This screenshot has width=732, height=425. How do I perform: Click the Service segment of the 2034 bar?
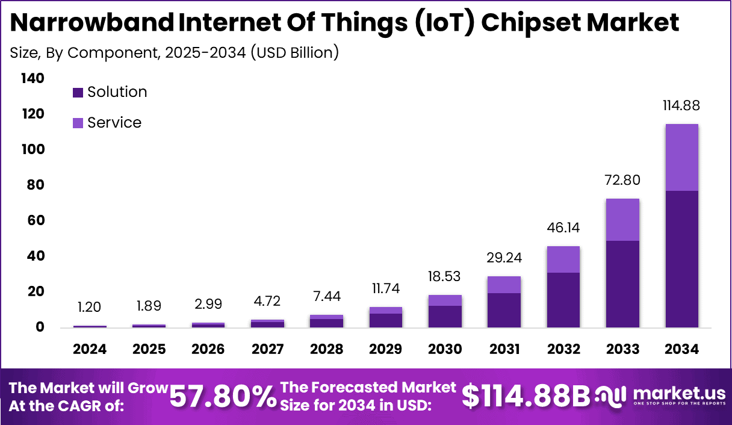pos(681,157)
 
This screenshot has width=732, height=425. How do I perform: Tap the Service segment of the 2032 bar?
pos(563,259)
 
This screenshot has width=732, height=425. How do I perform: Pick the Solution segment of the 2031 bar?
pos(504,310)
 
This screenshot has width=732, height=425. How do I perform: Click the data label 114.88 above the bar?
pos(681,105)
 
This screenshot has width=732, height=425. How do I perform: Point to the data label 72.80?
pos(622,180)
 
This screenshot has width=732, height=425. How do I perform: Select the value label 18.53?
pos(445,277)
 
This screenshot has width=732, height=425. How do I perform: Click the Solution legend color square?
pos(78,93)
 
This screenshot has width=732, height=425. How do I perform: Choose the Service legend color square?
pos(78,123)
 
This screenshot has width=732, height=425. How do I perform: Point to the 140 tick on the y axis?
pos(33,78)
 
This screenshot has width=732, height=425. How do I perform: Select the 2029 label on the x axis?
pos(386,349)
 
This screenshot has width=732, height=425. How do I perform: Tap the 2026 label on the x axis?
pos(208,349)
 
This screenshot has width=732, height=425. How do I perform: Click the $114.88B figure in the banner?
pos(526,396)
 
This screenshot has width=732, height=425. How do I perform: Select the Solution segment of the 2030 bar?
pos(445,317)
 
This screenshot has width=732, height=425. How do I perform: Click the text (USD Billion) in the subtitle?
pos(294,52)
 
